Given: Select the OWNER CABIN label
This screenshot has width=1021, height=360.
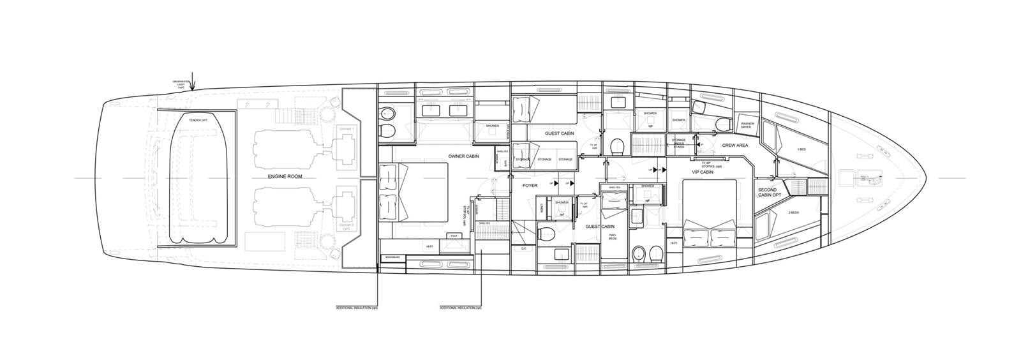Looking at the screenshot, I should [463, 156].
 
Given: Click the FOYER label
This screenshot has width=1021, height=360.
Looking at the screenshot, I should [530, 186].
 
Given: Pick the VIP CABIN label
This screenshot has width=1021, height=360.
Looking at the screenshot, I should [702, 172].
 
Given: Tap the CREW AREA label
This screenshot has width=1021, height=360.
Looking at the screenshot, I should [734, 146].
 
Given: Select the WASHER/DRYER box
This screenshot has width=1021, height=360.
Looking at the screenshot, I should [747, 126].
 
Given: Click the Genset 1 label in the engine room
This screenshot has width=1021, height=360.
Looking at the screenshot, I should [347, 128].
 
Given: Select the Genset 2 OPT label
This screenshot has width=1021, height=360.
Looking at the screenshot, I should [347, 229].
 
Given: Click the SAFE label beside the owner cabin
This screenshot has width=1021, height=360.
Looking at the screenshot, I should [504, 163].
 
